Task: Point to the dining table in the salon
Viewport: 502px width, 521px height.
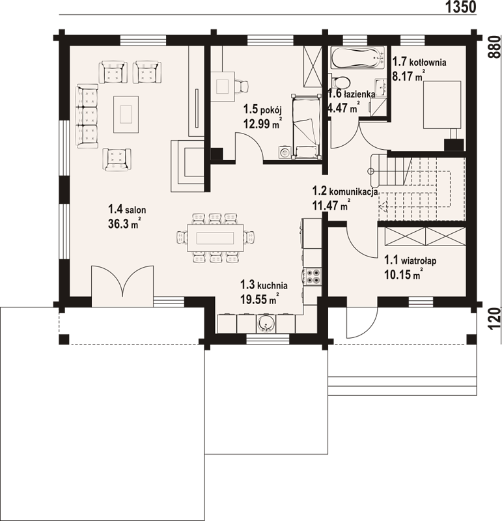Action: click(216, 238)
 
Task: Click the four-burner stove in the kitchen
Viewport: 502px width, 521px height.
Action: click(312, 276)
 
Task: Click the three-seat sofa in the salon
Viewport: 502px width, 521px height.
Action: click(87, 117)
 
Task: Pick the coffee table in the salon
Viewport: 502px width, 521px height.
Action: click(126, 115)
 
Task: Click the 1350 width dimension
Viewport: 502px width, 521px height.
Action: click(460, 7)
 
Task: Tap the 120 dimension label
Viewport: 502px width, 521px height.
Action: click(494, 318)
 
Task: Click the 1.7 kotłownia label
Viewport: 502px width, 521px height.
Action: click(419, 62)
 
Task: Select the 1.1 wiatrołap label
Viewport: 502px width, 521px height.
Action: click(410, 260)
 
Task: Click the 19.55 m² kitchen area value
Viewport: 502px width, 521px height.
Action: click(260, 300)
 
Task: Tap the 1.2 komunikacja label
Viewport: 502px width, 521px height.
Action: click(345, 191)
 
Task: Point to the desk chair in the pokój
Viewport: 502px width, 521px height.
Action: click(241, 86)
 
